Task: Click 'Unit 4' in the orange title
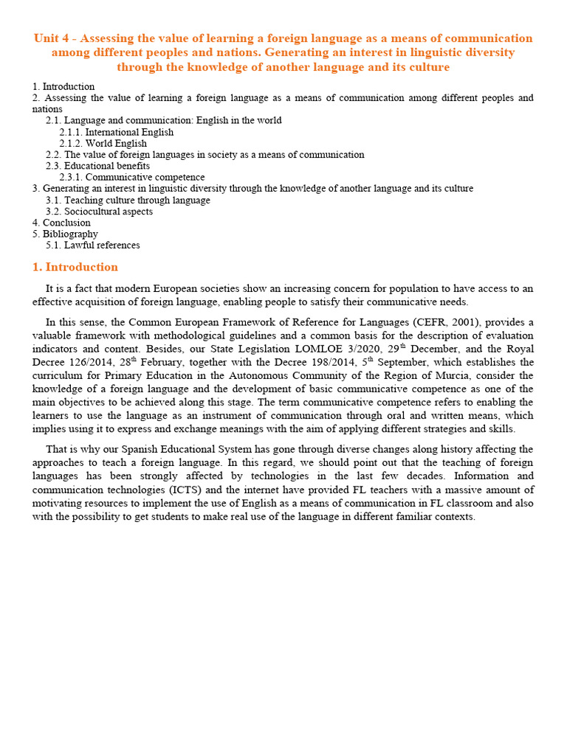pyautogui.click(x=50, y=38)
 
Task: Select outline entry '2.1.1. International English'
pyautogui.click(x=116, y=132)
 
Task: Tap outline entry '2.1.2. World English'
pyautogui.click(x=103, y=143)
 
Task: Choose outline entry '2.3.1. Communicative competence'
pyautogui.click(x=132, y=177)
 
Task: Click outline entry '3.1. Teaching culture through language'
pyautogui.click(x=127, y=200)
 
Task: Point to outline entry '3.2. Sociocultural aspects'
pyautogui.click(x=99, y=212)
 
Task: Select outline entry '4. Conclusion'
pyautogui.click(x=61, y=223)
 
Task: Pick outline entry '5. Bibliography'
pyautogui.click(x=65, y=234)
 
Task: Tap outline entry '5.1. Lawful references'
pyautogui.click(x=92, y=245)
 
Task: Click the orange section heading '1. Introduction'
pyautogui.click(x=75, y=267)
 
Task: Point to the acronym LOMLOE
pyautogui.click(x=322, y=349)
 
